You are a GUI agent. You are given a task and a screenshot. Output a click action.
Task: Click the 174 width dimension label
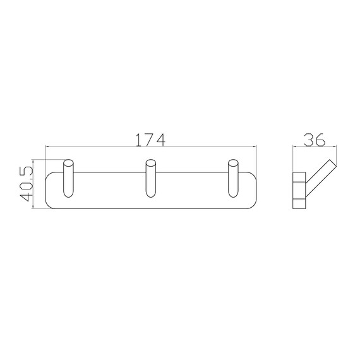[150, 140]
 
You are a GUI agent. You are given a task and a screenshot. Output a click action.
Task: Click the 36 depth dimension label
[315, 140]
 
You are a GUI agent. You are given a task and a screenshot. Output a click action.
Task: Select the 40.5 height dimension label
[26, 184]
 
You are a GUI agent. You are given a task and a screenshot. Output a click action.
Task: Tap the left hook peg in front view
[68, 178]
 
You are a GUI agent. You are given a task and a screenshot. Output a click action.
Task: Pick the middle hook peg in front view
[151, 178]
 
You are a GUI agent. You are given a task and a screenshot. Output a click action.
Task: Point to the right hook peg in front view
[233, 178]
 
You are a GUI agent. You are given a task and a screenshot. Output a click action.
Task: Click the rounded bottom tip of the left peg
[68, 197]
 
